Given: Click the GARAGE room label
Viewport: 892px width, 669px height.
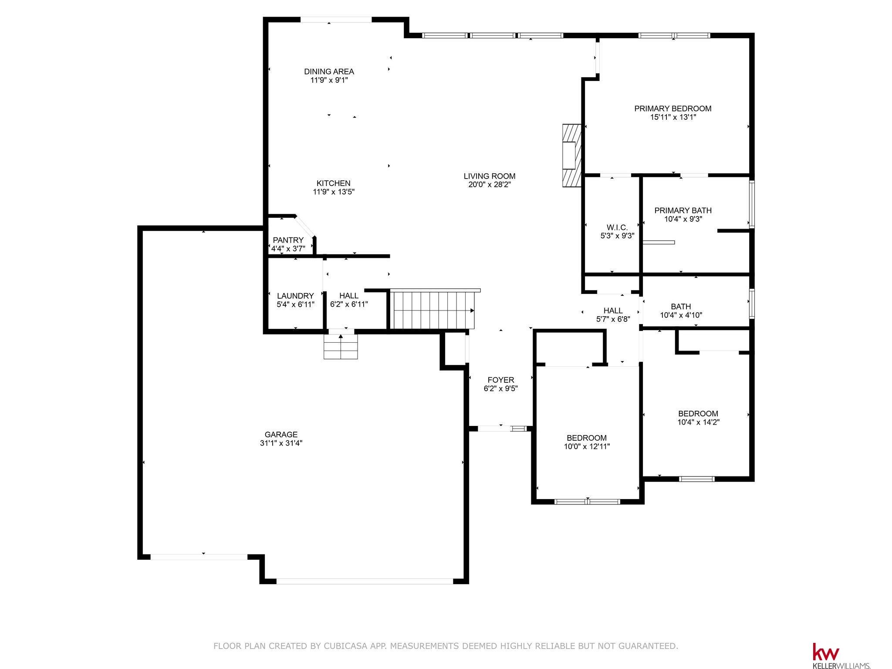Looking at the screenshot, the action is pyautogui.click(x=281, y=435).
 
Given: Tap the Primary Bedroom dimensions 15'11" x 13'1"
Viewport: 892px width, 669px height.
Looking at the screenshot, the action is pyautogui.click(x=673, y=117).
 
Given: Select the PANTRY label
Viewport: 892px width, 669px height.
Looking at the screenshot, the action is pyautogui.click(x=288, y=240).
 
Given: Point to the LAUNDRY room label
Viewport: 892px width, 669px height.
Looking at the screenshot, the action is pyautogui.click(x=295, y=296).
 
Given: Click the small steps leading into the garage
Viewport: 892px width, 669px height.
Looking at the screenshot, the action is pyautogui.click(x=341, y=346).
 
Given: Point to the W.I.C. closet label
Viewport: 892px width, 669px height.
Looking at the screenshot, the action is pyautogui.click(x=617, y=227).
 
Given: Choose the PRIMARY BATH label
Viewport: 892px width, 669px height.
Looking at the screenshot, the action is pyautogui.click(x=683, y=210).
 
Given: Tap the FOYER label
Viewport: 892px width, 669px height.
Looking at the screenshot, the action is pyautogui.click(x=501, y=380).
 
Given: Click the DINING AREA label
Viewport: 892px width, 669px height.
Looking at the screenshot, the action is pyautogui.click(x=329, y=71).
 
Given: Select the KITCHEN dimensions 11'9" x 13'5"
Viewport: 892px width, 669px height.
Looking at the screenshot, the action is pyautogui.click(x=334, y=192).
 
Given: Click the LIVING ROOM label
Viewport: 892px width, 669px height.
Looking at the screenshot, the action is pyautogui.click(x=490, y=176).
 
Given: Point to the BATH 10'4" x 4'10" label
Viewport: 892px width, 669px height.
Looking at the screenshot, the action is pyautogui.click(x=681, y=311).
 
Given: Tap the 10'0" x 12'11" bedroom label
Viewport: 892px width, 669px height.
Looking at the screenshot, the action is pyautogui.click(x=587, y=442).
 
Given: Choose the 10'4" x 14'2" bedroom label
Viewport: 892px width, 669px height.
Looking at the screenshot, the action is pyautogui.click(x=698, y=418).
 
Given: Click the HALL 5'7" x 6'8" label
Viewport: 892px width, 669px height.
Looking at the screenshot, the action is pyautogui.click(x=613, y=315).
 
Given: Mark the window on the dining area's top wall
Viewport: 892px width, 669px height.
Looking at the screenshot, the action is pyautogui.click(x=336, y=20).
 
